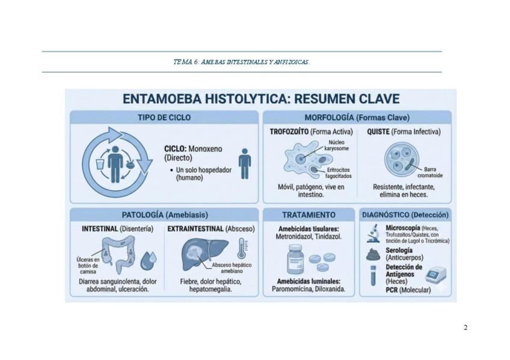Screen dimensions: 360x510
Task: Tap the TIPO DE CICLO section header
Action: coord(164,117)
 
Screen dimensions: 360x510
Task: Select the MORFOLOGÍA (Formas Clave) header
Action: coord(357,117)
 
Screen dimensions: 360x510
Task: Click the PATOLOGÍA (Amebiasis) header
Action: coord(164,215)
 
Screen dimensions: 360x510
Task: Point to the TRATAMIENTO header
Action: coord(309,215)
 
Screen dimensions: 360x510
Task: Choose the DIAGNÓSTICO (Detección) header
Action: coord(405,215)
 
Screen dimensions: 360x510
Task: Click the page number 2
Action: coord(465,328)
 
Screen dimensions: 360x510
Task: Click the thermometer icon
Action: coord(242,248)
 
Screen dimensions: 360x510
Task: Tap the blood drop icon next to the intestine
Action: coord(149,261)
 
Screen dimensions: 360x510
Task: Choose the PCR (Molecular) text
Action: coord(408,290)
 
